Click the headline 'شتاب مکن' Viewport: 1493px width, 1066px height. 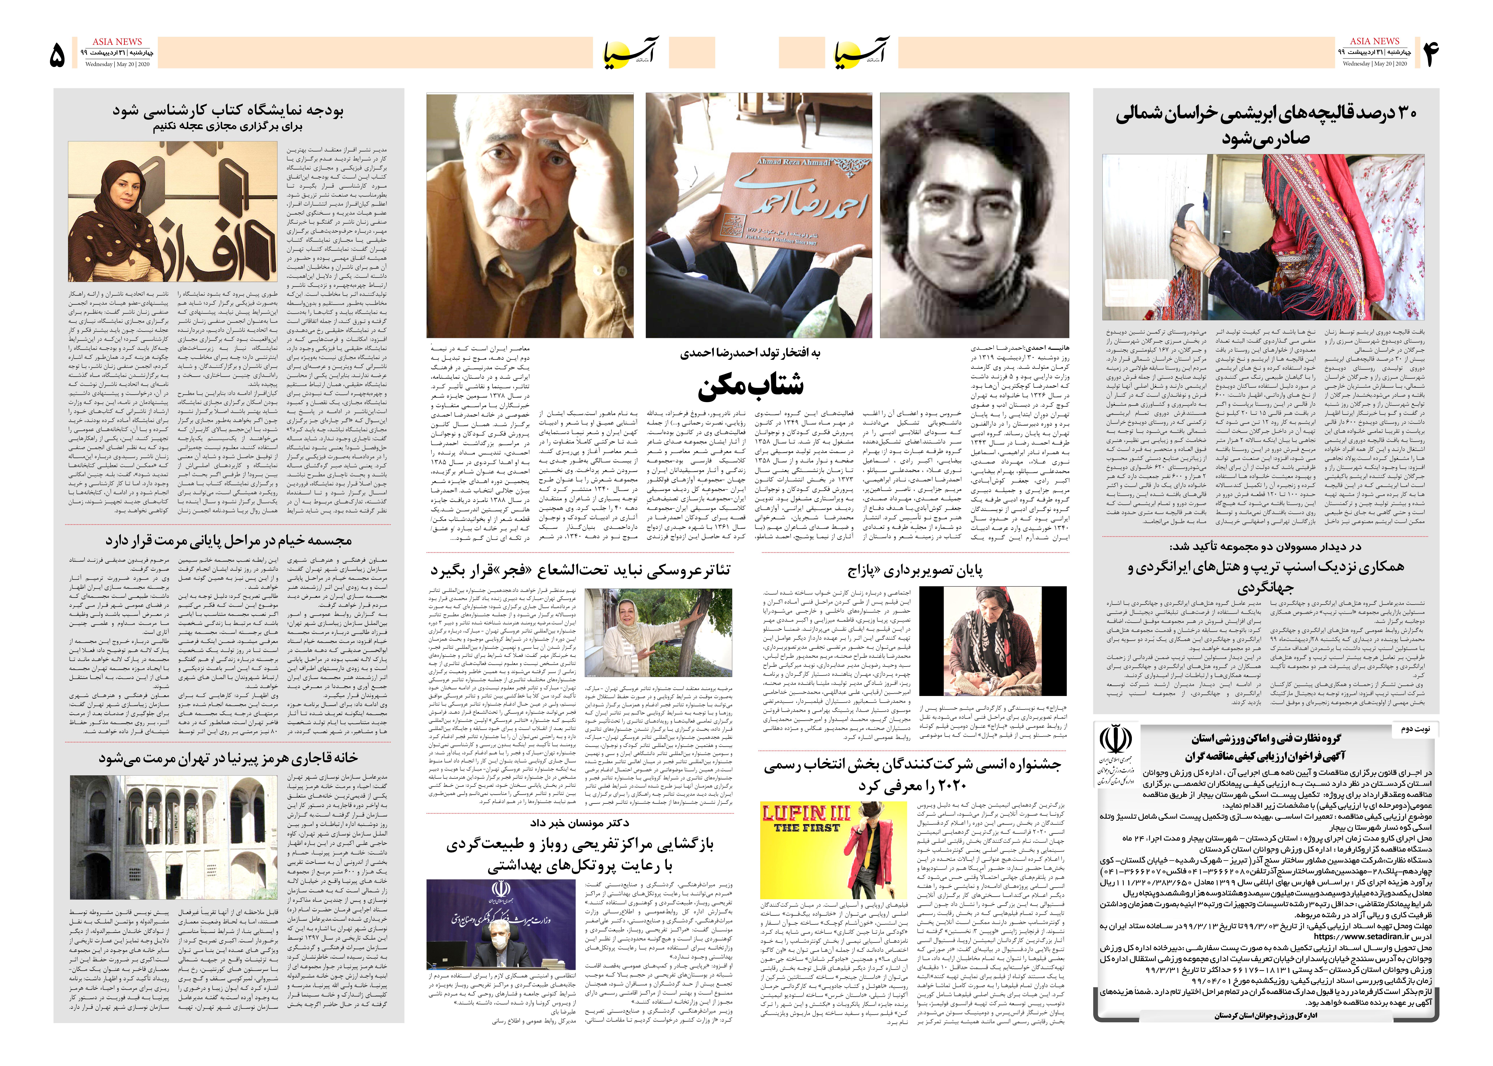tap(750, 385)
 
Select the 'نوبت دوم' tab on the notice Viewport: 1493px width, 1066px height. tap(1414, 729)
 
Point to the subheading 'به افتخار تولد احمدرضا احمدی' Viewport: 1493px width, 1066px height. tap(750, 353)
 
